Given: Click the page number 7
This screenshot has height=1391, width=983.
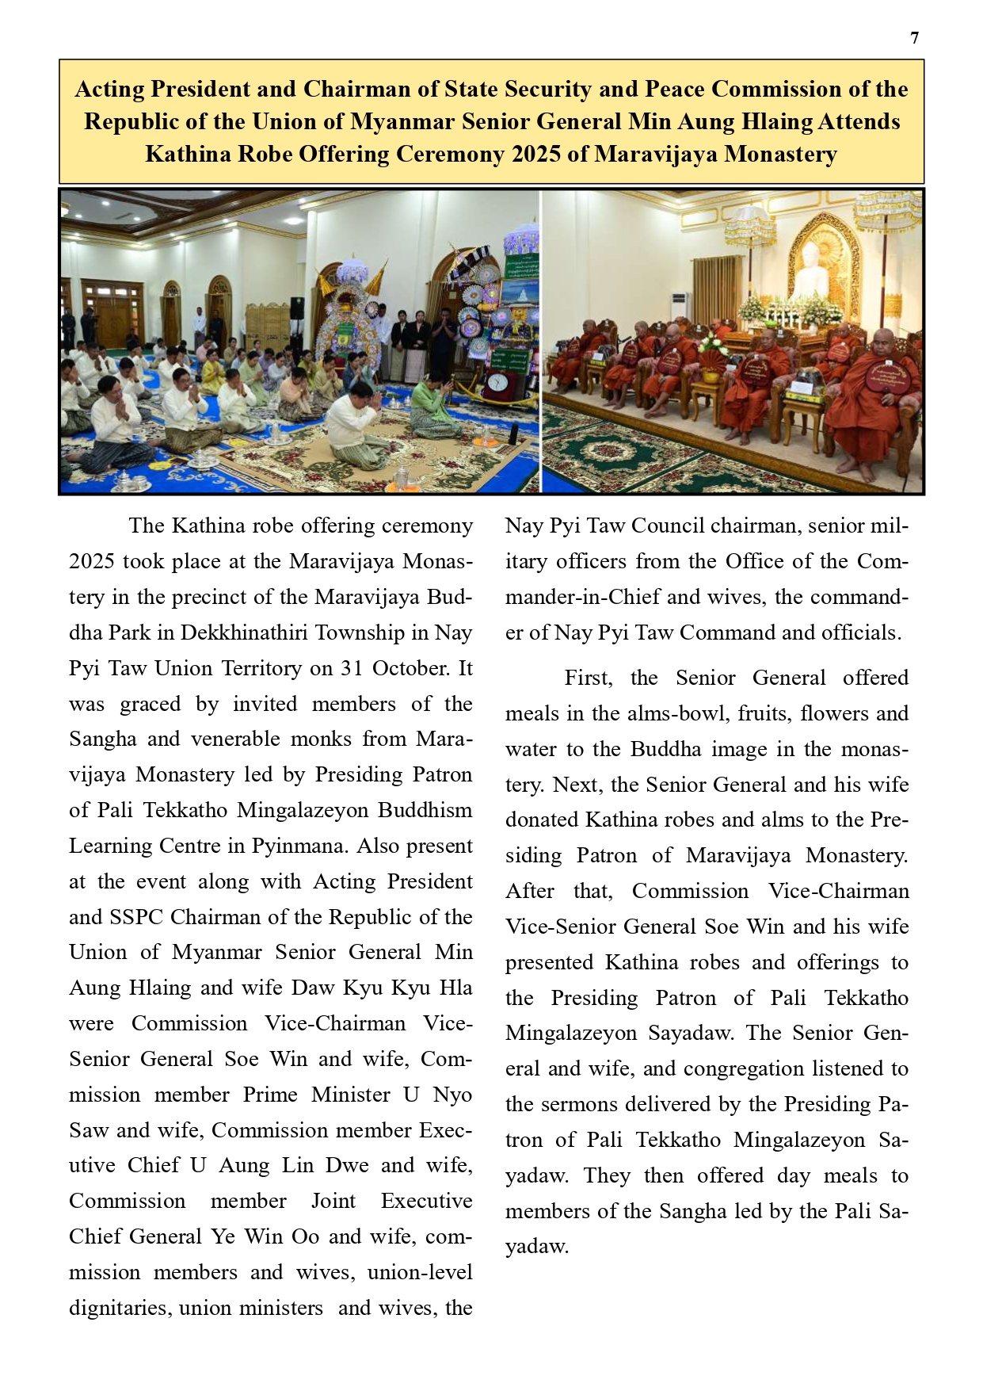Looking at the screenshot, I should pos(915,38).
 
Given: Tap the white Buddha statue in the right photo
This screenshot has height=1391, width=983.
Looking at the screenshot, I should pos(811,269).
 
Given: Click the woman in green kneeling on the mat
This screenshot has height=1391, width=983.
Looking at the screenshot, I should pos(435,406).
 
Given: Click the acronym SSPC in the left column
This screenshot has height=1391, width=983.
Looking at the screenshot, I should pos(139,917).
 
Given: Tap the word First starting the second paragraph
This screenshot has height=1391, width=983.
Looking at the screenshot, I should pos(587,678).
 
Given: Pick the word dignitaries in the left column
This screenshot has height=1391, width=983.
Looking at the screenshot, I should pos(119,1308).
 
